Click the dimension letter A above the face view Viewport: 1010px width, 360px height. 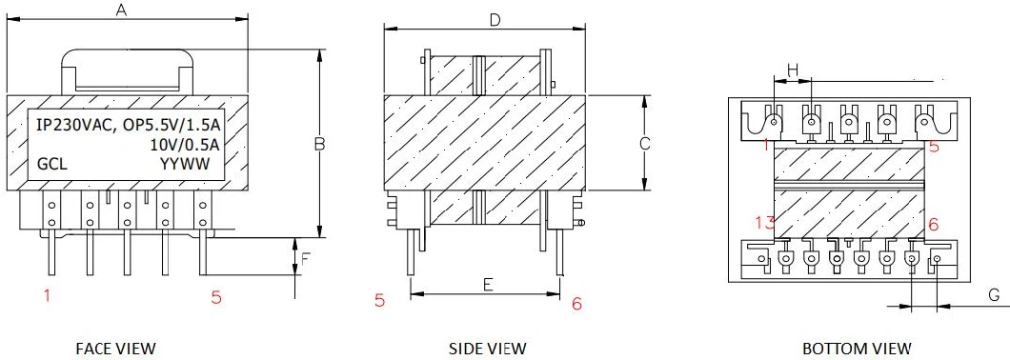[121, 10]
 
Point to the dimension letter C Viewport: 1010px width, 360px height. [644, 144]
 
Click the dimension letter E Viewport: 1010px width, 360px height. [487, 283]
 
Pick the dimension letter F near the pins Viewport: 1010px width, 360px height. [306, 257]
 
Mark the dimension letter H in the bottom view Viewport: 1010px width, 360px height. [792, 70]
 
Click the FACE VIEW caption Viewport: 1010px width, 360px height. [117, 348]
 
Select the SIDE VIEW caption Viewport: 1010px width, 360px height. [487, 348]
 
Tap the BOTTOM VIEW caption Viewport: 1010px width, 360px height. [856, 348]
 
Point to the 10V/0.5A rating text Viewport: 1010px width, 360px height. [185, 145]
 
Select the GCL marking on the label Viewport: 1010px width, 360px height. [51, 165]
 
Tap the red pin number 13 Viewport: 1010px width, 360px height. [764, 223]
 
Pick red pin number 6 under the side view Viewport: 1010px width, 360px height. [576, 303]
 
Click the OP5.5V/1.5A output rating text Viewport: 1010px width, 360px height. [170, 125]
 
